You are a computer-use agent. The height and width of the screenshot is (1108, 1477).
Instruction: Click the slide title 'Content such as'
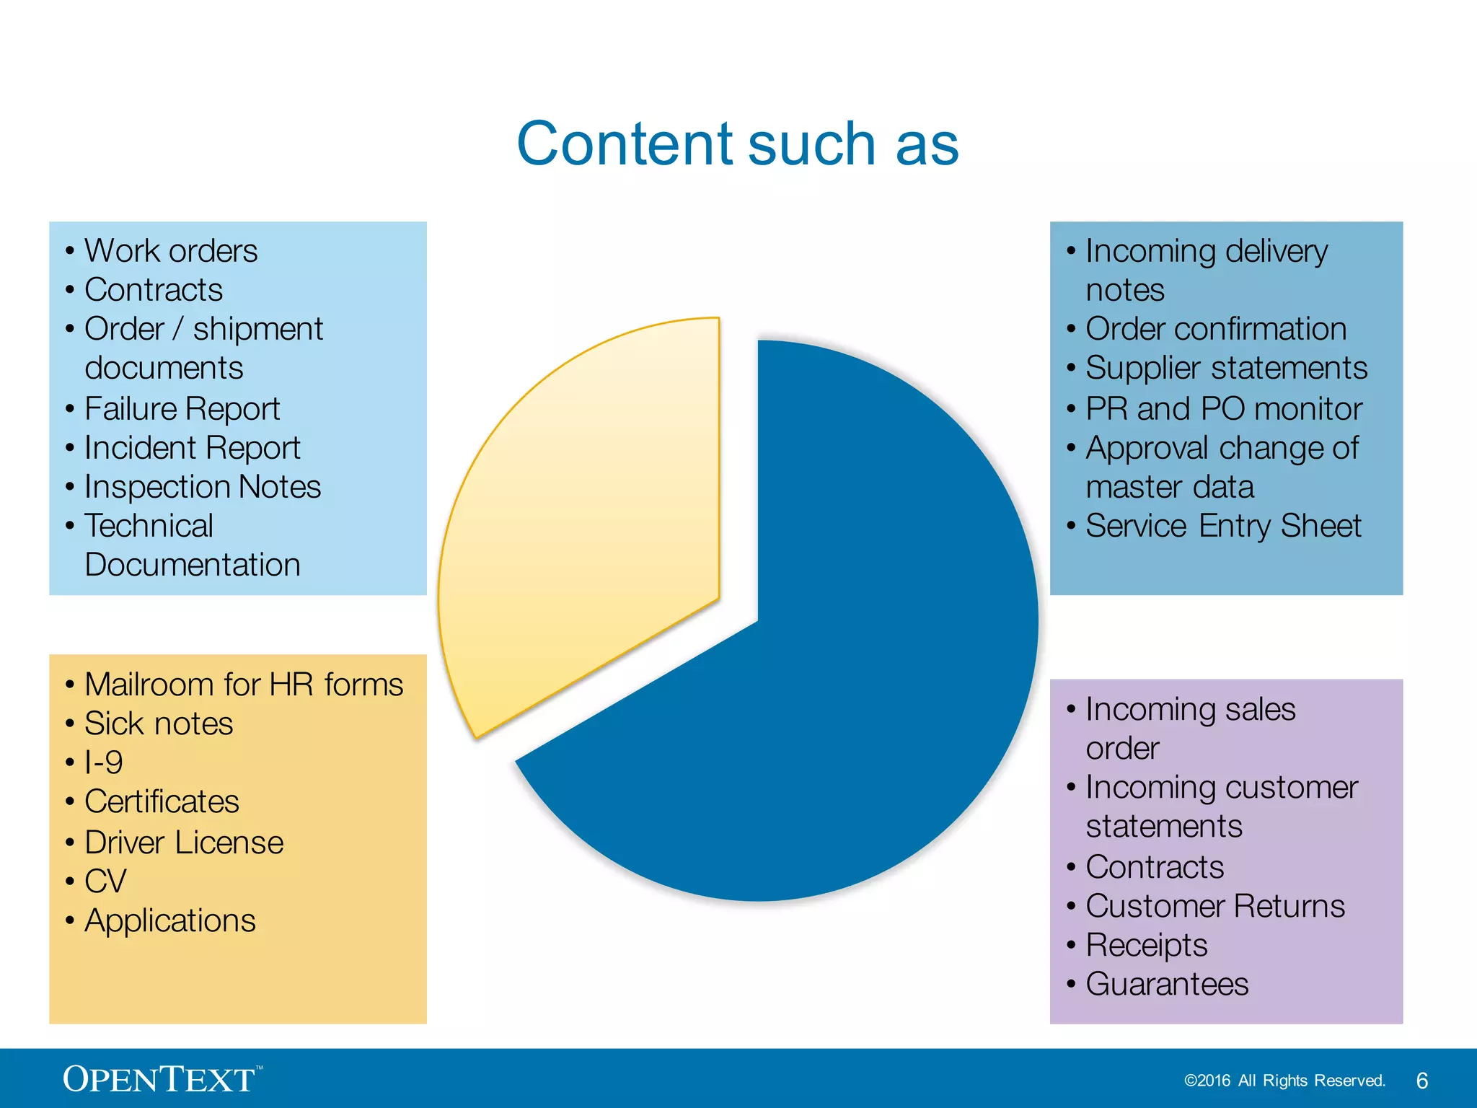[x=737, y=144]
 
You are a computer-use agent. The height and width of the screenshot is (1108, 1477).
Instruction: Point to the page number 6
[x=1421, y=1081]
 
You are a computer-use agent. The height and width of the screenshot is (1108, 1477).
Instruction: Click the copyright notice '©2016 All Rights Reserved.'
[x=1284, y=1081]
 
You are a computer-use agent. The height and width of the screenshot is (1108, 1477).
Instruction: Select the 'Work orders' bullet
[x=170, y=251]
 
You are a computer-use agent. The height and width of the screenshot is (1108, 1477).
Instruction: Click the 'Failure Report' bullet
[x=182, y=409]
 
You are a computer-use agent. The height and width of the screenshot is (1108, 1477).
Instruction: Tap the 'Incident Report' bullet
[x=192, y=448]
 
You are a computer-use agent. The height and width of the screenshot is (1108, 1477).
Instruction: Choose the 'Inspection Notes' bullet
[x=202, y=487]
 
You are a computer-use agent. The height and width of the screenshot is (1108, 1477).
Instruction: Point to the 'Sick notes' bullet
[x=159, y=724]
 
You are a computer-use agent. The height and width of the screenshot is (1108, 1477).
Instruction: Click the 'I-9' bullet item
[x=104, y=762]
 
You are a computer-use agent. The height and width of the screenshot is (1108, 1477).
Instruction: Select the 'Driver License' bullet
[x=184, y=843]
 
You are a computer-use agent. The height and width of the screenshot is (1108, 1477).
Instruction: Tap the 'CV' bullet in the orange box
[x=105, y=881]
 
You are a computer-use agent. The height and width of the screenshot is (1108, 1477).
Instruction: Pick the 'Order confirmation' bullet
[x=1216, y=329]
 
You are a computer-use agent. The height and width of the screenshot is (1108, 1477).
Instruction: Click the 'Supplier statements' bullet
[x=1226, y=368]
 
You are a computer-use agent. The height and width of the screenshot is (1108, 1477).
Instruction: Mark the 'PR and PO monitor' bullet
[x=1224, y=409]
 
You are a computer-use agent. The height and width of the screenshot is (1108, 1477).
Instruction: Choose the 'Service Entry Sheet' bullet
[x=1223, y=526]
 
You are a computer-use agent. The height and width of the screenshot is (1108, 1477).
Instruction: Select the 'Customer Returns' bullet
[x=1215, y=906]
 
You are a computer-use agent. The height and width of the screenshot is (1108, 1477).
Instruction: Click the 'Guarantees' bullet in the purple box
[x=1167, y=984]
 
